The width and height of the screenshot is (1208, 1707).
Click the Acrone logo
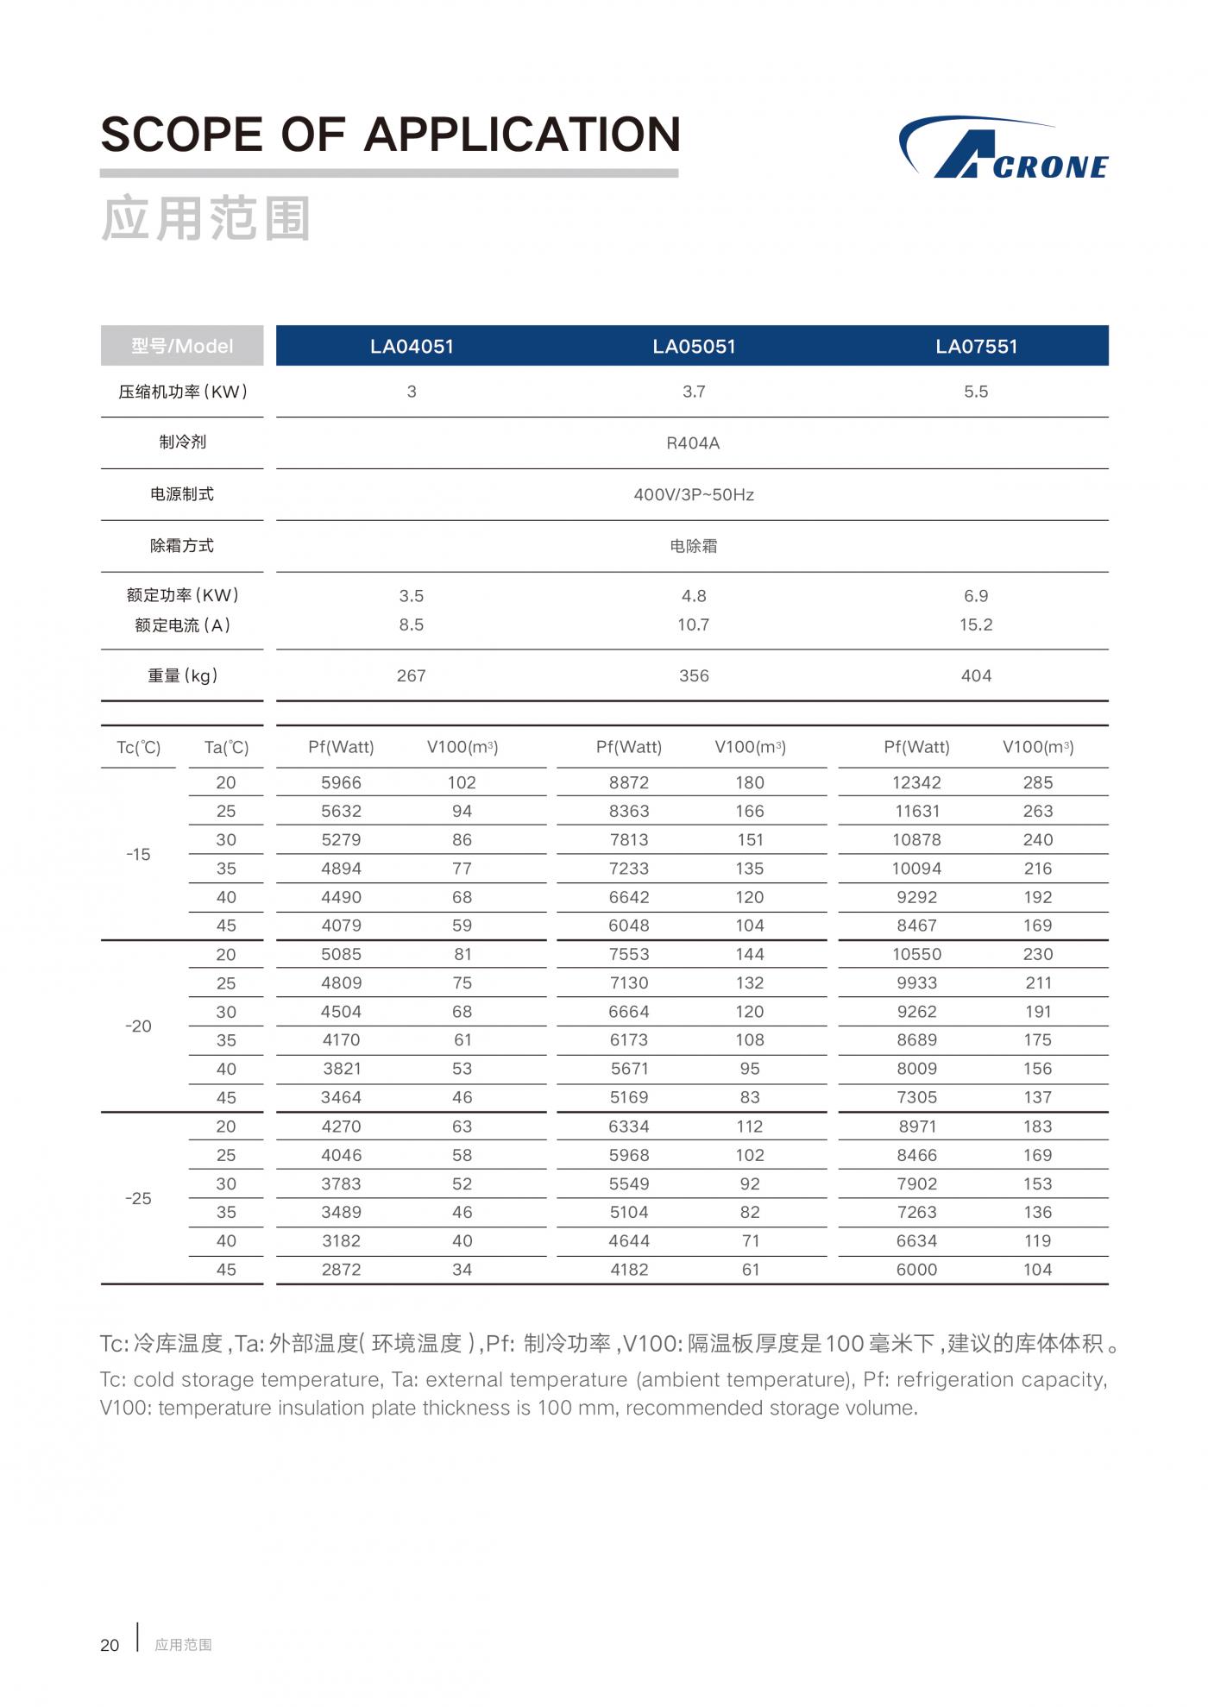click(x=1004, y=148)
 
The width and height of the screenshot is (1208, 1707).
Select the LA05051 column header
click(x=694, y=347)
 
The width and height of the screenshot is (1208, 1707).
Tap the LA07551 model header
click(x=976, y=347)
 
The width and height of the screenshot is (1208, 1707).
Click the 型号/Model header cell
click(x=182, y=347)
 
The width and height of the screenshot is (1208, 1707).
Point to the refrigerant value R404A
click(x=693, y=443)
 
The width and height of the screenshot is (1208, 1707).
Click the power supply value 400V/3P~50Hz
click(x=694, y=495)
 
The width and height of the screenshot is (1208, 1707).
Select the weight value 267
click(x=411, y=676)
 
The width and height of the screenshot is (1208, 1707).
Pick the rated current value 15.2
click(x=976, y=624)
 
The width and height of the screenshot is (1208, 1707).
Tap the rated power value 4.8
click(x=694, y=596)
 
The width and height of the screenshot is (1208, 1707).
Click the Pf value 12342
click(x=916, y=782)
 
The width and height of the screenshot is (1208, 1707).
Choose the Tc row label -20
click(x=138, y=1026)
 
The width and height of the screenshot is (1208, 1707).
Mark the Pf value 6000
click(x=916, y=1270)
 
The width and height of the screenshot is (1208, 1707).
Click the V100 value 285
click(x=1037, y=782)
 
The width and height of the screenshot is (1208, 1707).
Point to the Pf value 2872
click(x=341, y=1270)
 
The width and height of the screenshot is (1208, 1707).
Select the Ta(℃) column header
click(x=226, y=748)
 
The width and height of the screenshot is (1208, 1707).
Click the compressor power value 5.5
click(x=976, y=392)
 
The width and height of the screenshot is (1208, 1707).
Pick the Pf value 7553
click(x=628, y=954)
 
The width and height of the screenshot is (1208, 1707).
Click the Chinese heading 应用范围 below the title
click(x=205, y=218)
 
